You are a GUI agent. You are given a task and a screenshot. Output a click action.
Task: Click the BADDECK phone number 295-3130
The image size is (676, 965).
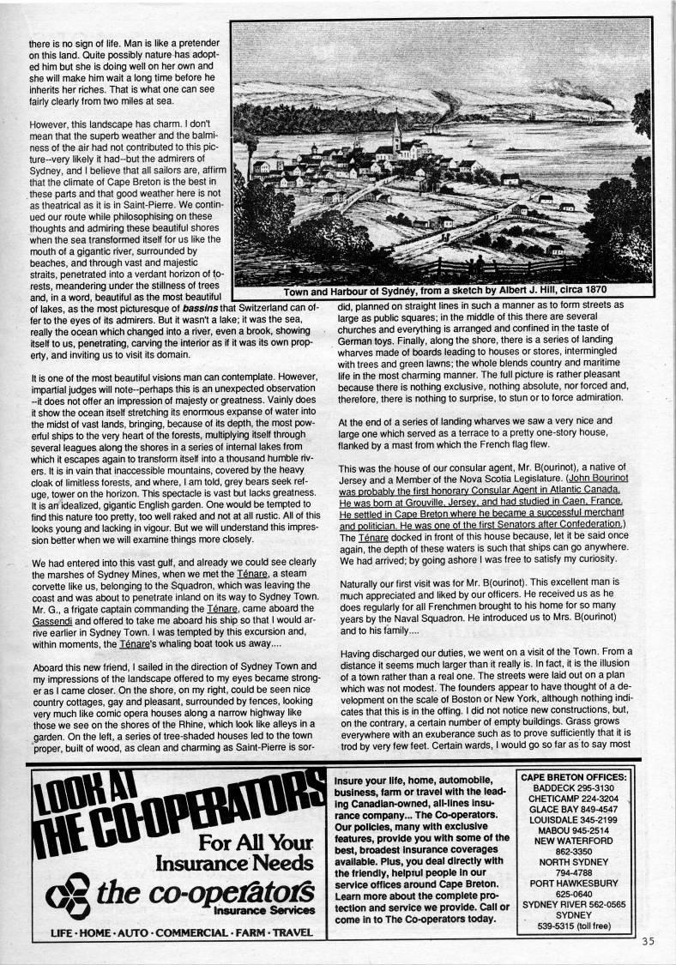[598, 789]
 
